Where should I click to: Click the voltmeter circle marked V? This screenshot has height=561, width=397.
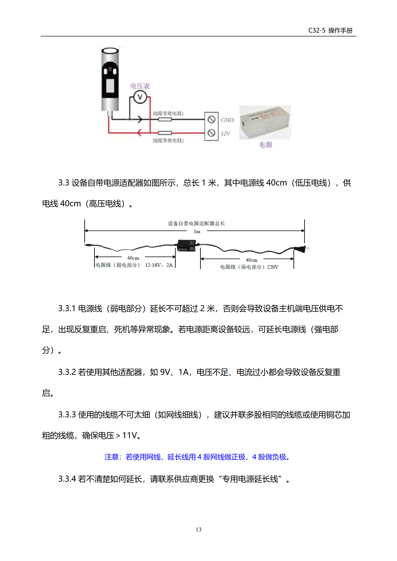(140, 97)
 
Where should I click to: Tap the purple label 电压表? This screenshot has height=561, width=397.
(140, 86)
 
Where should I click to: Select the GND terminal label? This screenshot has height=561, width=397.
(227, 120)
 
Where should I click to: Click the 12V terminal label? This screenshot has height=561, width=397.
(226, 134)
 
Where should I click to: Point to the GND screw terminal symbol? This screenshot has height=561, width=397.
(211, 120)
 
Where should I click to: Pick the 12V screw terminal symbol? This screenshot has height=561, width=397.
(211, 133)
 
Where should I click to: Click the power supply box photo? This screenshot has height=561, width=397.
(265, 122)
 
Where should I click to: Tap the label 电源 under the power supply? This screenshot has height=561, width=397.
(266, 145)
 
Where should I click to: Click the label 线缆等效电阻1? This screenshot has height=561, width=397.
(168, 114)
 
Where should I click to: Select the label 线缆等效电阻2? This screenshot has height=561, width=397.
(168, 141)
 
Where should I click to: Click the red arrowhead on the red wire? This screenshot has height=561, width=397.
(139, 132)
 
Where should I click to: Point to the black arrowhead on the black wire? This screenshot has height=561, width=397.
(140, 119)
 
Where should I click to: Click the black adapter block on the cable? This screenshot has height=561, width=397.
(186, 245)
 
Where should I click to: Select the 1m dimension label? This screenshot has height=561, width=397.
(197, 232)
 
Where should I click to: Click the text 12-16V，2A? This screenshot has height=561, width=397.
(159, 265)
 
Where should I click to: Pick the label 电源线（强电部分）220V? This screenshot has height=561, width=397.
(249, 267)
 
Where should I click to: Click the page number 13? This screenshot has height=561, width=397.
(199, 530)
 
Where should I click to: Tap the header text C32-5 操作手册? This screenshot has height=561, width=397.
(330, 30)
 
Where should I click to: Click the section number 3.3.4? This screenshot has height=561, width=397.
(67, 479)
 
